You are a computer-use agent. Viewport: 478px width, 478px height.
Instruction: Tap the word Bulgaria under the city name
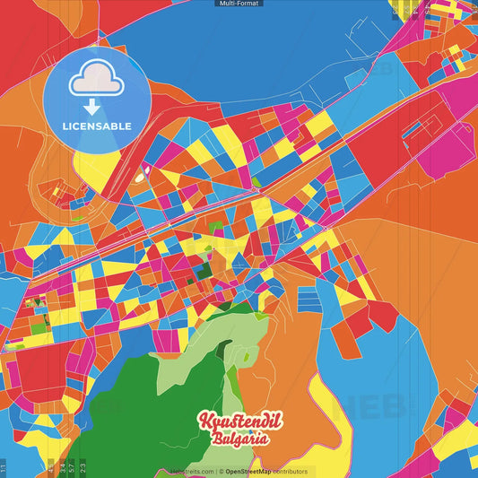tap(239, 439)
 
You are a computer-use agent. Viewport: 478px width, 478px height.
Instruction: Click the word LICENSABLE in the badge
tap(97, 126)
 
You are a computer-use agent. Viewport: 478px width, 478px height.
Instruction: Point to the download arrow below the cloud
tap(92, 107)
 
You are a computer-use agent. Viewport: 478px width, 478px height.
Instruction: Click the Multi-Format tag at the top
tap(239, 4)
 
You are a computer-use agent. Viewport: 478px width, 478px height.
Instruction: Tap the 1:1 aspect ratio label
tap(4, 468)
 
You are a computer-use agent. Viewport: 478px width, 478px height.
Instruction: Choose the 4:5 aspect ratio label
tap(51, 468)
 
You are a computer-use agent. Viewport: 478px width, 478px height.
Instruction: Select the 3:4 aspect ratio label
tap(61, 468)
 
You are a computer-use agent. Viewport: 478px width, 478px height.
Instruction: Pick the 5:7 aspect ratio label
tap(72, 468)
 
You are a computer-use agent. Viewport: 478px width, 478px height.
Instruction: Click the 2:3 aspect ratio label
tap(83, 468)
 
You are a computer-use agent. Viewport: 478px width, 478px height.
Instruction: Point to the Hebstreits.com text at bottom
tap(191, 472)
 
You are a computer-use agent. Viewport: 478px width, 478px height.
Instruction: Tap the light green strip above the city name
tap(211, 359)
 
